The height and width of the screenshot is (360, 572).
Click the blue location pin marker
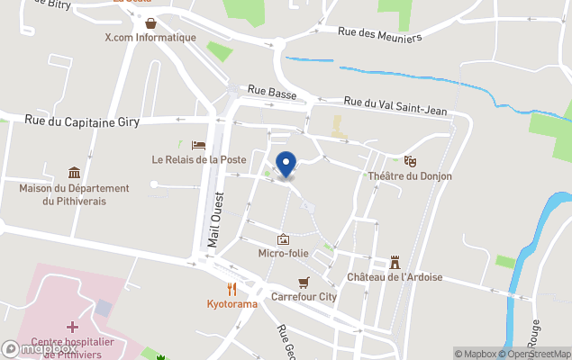[x=286, y=165]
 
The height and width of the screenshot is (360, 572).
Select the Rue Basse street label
[x=271, y=92]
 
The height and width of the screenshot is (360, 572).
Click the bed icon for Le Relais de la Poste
[x=199, y=145]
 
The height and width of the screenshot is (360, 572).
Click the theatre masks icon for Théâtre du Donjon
[x=411, y=161]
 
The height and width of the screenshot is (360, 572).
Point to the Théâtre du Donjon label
[x=410, y=176]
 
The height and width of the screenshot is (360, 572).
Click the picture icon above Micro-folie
[x=284, y=239]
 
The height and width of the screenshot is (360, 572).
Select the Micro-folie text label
[x=283, y=254]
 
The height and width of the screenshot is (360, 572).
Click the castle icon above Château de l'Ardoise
[x=395, y=263]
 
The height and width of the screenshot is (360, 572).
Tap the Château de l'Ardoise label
[x=395, y=277]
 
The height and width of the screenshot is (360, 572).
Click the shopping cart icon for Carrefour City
[x=304, y=282]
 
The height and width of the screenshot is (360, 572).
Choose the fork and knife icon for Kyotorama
[x=232, y=289]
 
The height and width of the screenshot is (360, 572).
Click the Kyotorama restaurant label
[x=232, y=304]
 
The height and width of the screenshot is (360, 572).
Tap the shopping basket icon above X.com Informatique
[x=150, y=22]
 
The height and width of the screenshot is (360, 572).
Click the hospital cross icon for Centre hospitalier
[x=72, y=327]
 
